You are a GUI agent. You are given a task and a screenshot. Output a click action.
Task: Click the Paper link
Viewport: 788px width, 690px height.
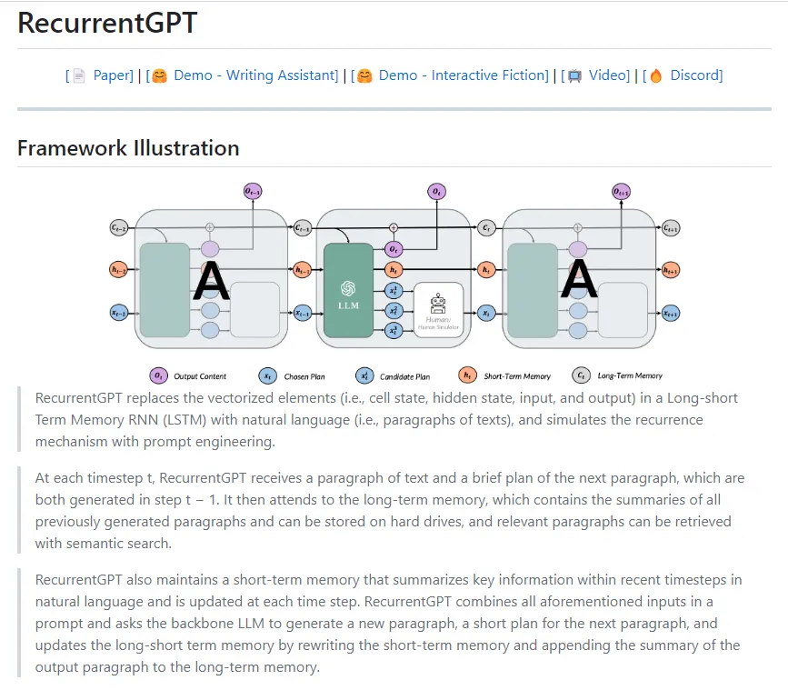[x=113, y=75]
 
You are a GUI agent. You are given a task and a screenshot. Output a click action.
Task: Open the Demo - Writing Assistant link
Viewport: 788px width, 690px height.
[x=255, y=75]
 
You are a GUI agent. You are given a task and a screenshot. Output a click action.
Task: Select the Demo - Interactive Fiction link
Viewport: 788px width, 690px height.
[x=464, y=75]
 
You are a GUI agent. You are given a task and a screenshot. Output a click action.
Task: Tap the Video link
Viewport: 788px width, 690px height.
[x=608, y=75]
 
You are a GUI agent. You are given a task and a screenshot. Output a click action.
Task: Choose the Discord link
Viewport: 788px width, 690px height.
[x=696, y=75]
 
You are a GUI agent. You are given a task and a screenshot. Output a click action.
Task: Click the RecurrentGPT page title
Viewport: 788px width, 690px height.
[x=107, y=24]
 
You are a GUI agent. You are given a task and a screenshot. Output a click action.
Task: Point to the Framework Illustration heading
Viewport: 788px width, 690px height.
[x=128, y=148]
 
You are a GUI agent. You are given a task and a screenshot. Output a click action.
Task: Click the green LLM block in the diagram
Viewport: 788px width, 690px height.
[x=348, y=292]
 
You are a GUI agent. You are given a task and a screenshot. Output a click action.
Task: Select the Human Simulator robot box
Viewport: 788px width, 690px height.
[x=439, y=309]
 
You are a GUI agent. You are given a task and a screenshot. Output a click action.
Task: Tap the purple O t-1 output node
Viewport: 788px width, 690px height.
[x=253, y=191]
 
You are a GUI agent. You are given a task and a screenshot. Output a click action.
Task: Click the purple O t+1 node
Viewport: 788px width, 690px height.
[x=621, y=192]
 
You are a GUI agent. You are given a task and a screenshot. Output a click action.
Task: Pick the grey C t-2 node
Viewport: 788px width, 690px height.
[x=118, y=227]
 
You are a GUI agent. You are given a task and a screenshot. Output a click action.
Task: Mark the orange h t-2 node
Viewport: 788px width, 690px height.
[x=118, y=270]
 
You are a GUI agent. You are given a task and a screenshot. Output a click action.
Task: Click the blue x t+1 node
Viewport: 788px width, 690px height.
[x=671, y=313]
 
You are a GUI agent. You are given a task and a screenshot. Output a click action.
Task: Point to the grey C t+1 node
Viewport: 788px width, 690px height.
[x=671, y=228]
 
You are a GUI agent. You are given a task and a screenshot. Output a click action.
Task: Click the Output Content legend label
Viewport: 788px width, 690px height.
[x=200, y=375]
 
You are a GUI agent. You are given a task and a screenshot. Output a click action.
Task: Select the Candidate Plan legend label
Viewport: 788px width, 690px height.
[x=404, y=375]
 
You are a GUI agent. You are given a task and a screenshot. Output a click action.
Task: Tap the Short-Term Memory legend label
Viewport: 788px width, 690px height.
[x=517, y=375]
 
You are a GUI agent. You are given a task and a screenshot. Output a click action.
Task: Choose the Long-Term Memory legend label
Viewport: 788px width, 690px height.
[x=630, y=375]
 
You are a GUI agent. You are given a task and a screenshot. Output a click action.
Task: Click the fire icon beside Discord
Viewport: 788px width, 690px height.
[x=655, y=75]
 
